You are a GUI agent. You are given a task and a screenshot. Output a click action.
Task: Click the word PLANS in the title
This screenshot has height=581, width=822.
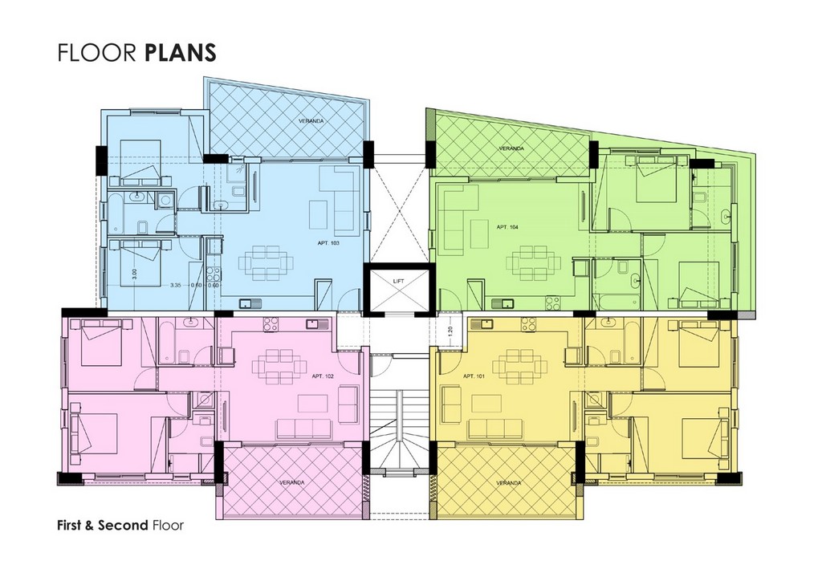[179, 52]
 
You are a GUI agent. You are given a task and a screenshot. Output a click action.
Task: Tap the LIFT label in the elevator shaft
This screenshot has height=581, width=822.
[399, 282]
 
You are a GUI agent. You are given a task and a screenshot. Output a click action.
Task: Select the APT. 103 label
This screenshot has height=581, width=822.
[328, 243]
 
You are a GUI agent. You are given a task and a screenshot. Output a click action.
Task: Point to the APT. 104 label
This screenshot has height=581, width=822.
[507, 227]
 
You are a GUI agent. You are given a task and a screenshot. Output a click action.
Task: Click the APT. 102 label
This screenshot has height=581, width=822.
[323, 376]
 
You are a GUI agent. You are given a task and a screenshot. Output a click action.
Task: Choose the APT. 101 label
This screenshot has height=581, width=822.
[474, 376]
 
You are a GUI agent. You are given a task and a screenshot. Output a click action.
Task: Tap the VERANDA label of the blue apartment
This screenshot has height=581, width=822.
[311, 121]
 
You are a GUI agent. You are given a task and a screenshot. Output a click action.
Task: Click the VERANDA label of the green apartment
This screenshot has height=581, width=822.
[511, 148]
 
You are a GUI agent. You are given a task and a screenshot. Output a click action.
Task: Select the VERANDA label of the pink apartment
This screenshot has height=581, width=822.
[291, 482]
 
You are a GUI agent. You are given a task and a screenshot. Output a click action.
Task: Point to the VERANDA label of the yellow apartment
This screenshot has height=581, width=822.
[508, 482]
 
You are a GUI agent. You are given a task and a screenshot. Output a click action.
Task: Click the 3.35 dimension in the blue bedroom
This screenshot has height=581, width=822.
[176, 286]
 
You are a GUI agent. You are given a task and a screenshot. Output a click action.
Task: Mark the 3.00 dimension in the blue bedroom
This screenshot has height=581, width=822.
[135, 274]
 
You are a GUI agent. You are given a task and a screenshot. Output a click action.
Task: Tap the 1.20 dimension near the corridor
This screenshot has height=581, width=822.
[450, 331]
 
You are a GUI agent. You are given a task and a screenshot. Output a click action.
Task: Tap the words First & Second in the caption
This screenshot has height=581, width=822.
[103, 525]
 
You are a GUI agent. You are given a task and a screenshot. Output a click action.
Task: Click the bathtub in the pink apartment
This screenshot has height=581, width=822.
[164, 343]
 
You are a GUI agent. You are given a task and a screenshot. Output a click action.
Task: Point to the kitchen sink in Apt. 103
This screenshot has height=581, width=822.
[247, 303]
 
